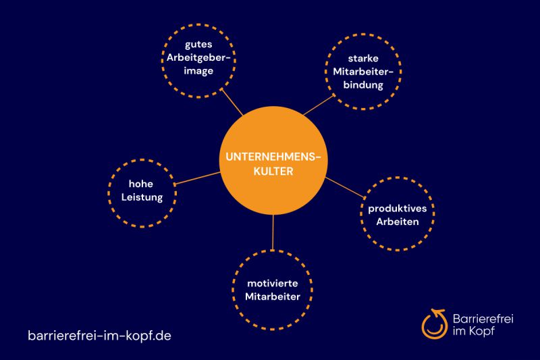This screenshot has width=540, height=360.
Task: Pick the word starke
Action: [x=367, y=59]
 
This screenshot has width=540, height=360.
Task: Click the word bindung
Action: [x=367, y=86]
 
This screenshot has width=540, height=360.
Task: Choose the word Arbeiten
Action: [x=398, y=221]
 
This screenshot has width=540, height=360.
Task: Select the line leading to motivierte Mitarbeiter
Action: [x=273, y=230]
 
